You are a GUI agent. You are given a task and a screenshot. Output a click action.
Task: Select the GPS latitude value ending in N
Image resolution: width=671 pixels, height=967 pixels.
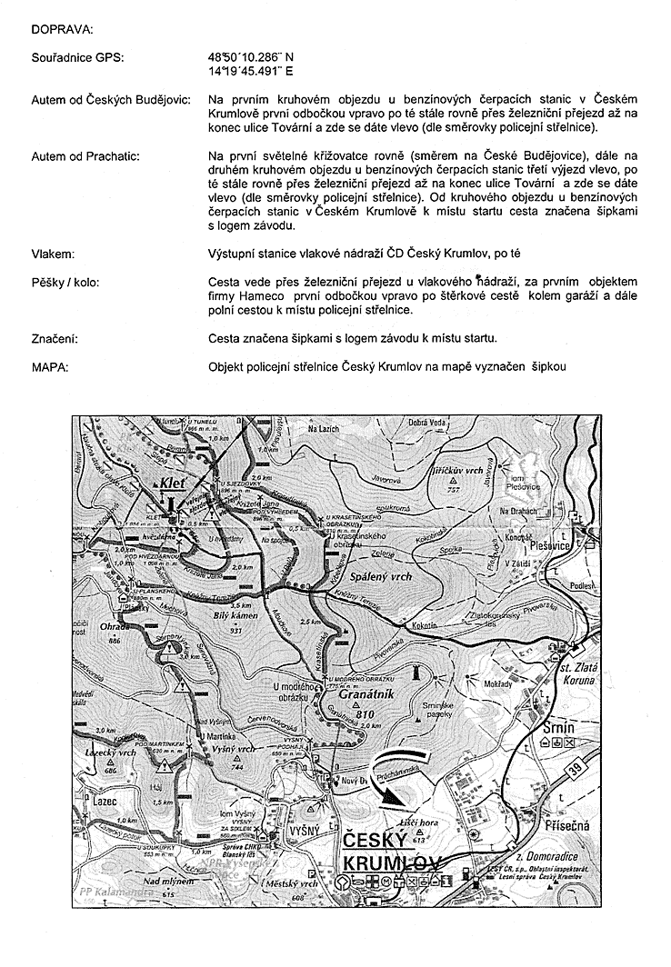[251, 56]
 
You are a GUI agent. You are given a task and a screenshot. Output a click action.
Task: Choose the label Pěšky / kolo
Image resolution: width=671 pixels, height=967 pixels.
[65, 282]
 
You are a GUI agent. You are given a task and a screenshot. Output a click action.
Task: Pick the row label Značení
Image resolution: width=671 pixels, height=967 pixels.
[54, 339]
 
